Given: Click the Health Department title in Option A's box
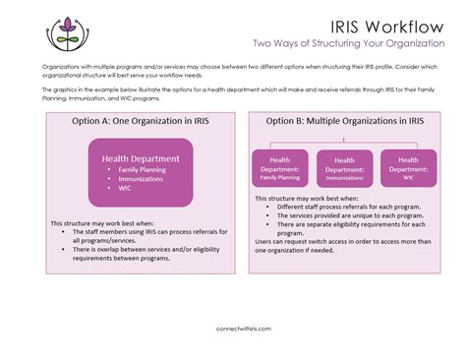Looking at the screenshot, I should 141,157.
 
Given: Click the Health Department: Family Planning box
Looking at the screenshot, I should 280,168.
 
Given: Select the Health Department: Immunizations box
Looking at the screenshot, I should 344,168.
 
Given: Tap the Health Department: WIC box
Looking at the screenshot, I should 408,168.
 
